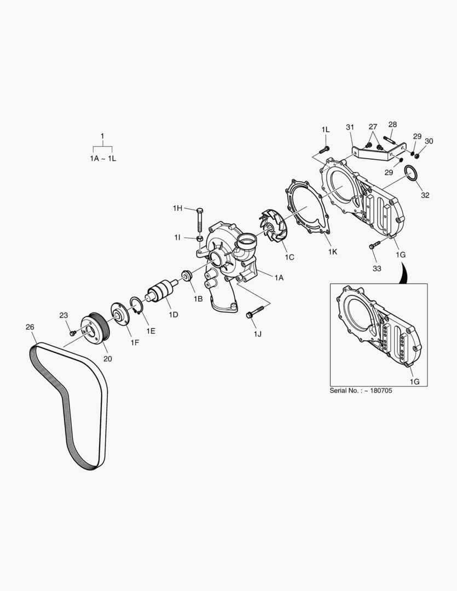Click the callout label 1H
pos(177,208)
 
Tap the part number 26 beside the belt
pos(30,327)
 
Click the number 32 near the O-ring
pos(425,195)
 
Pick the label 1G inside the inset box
pos(414,381)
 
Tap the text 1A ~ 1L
pos(103,158)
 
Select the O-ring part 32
pos(412,174)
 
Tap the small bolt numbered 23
pos(73,332)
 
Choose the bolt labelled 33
pos(375,246)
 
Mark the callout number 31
pos(350,128)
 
